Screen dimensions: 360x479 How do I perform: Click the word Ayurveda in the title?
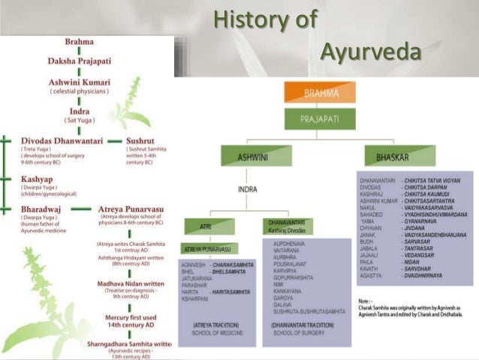click(x=369, y=54)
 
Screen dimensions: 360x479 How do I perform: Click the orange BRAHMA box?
click(x=319, y=92)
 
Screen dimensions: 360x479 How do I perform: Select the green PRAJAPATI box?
click(x=319, y=118)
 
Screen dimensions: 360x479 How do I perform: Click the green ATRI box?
click(x=209, y=225)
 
